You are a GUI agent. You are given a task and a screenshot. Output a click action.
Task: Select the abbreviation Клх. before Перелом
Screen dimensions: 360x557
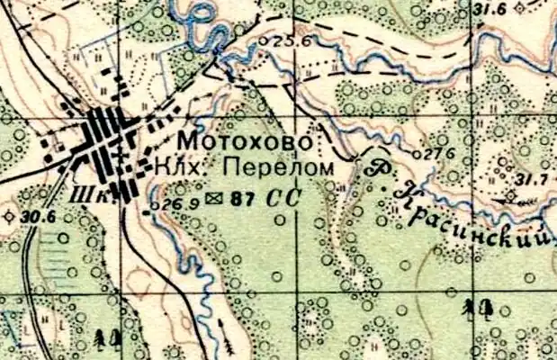tap(169, 167)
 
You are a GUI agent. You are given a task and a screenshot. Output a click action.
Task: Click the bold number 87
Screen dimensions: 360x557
tap(240, 199)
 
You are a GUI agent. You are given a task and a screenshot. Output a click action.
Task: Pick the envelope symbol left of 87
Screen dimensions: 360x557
tap(214, 198)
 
